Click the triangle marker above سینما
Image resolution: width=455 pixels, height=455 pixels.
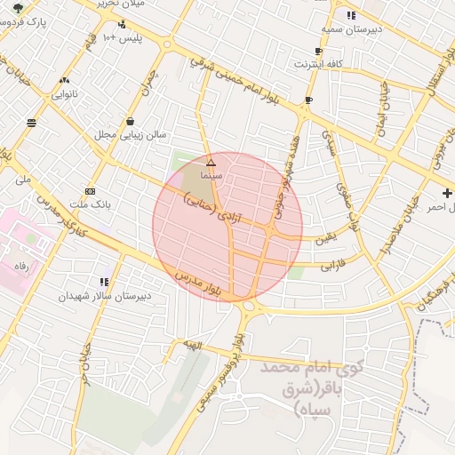[211, 164]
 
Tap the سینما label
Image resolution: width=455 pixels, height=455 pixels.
[211, 177]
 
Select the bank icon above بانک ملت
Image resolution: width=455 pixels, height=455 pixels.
[90, 191]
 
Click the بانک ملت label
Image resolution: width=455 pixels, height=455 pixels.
[89, 204]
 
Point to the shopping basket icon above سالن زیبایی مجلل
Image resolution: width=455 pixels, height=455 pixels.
[131, 122]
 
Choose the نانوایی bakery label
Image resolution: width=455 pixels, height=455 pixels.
[63, 93]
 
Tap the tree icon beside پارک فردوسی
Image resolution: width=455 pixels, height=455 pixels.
[18, 8]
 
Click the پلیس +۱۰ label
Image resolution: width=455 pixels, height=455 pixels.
[122, 37]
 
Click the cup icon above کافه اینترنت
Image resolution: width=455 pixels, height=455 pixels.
[318, 52]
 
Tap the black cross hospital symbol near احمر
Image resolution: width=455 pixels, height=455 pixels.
[447, 193]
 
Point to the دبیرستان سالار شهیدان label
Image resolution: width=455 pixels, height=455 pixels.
[106, 295]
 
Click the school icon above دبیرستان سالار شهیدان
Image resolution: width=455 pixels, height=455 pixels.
[106, 282]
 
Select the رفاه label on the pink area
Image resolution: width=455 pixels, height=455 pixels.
[20, 266]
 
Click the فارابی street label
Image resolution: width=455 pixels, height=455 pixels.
[330, 264]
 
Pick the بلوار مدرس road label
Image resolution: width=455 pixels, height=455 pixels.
[200, 286]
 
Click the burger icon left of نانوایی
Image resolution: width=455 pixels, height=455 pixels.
[32, 123]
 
